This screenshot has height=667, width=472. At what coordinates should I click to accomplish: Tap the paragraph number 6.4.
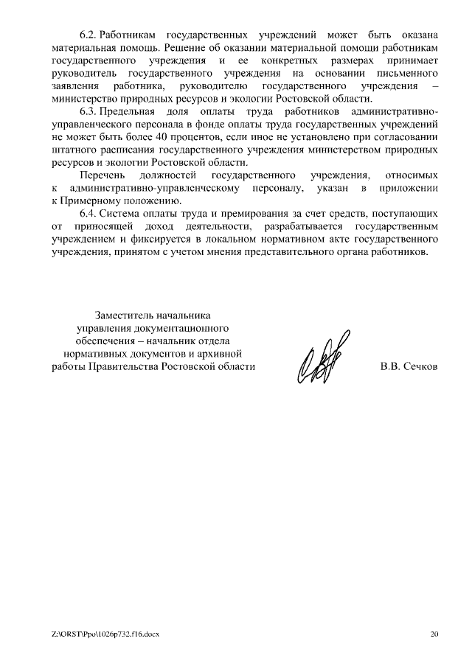88,214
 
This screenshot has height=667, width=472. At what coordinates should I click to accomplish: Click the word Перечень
101,175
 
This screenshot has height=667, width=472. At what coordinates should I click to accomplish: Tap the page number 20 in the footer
434,633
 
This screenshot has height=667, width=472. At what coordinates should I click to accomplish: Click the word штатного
72,150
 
